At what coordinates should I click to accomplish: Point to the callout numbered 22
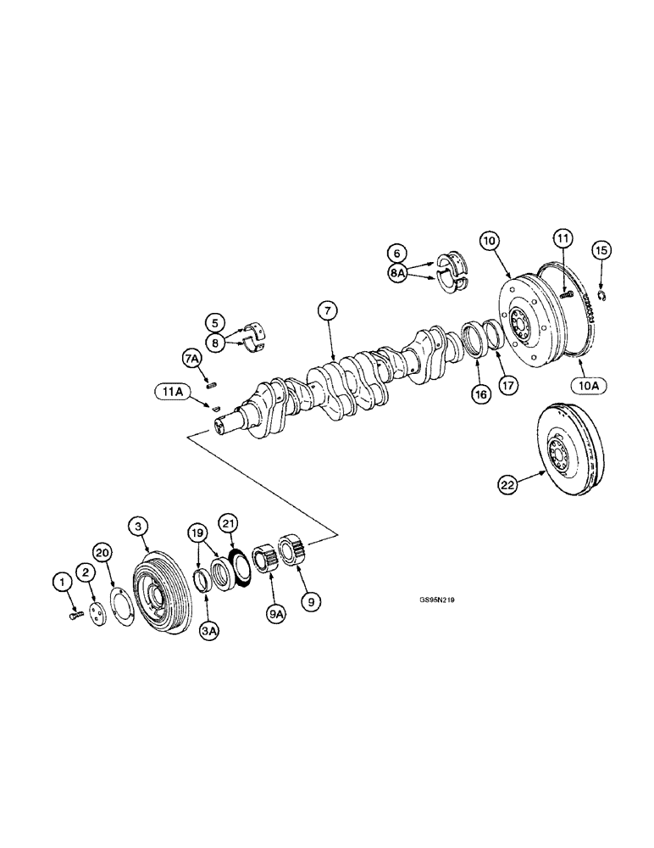pos(507,485)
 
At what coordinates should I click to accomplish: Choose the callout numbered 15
pos(601,250)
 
